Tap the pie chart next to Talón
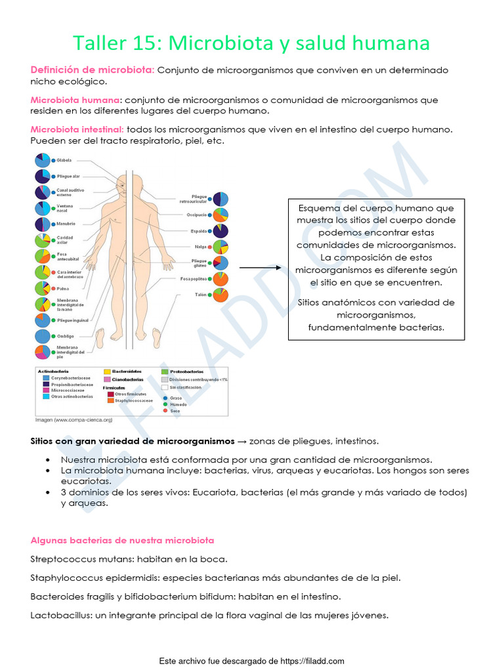click(221, 295)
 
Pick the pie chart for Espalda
click(221, 231)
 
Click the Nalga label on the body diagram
click(200, 247)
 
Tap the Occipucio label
click(196, 215)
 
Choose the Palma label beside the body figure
click(64, 288)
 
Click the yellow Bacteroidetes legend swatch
click(107, 371)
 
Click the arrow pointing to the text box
click(260, 268)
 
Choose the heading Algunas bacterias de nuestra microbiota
click(122, 540)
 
